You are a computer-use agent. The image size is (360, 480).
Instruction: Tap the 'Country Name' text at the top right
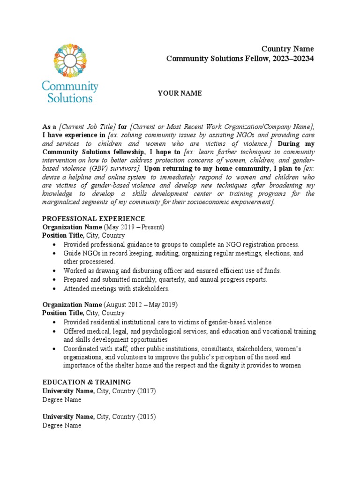[287, 49]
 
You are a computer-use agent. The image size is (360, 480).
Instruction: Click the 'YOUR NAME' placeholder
[180, 93]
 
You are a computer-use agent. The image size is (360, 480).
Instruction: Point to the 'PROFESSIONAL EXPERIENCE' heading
[94, 219]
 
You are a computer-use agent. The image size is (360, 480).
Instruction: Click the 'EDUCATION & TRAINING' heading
[87, 382]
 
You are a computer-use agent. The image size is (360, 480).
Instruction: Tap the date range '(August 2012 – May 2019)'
[140, 305]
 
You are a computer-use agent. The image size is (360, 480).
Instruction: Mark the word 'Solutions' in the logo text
[68, 98]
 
